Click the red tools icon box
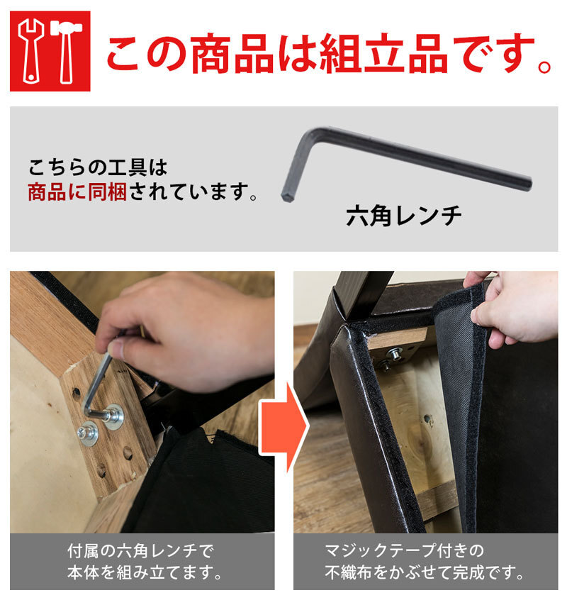click(50, 51)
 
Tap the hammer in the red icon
click(66, 51)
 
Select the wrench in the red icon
click(31, 51)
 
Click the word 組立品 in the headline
click(384, 53)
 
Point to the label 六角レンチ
click(403, 216)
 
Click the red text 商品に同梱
click(77, 191)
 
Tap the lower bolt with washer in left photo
click(88, 433)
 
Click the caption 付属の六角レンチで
click(141, 551)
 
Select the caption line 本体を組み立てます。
click(145, 573)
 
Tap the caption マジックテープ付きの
click(404, 551)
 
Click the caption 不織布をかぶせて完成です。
click(425, 572)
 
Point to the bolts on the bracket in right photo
click(391, 357)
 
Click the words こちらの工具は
click(98, 167)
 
